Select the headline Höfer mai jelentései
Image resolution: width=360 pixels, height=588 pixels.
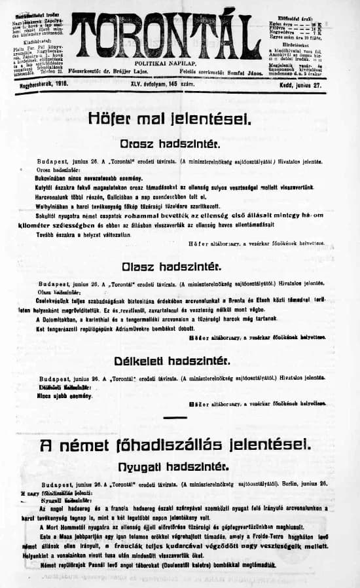click(170, 119)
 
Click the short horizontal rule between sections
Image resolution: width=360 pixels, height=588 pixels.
click(179, 416)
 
